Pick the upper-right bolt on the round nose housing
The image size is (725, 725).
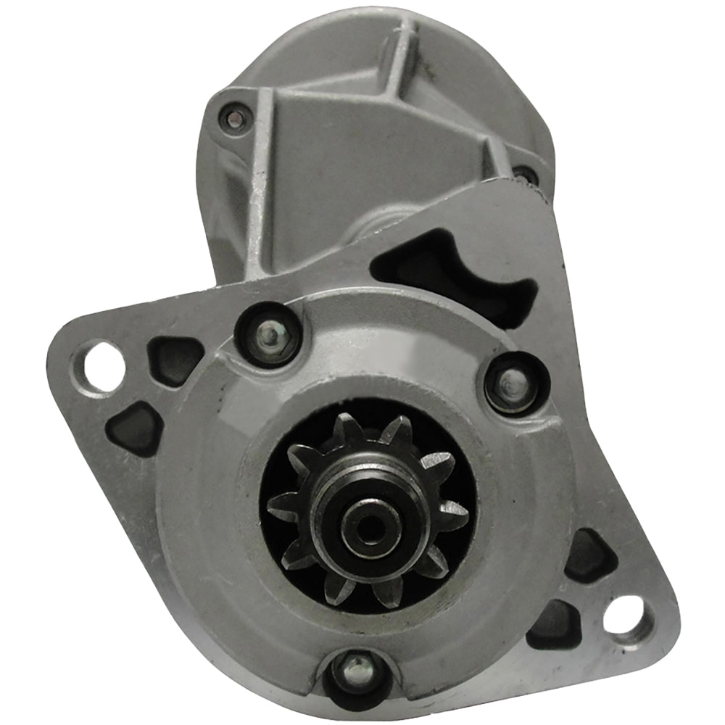[x=514, y=381]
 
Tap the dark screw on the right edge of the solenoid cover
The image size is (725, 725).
[x=525, y=175]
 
